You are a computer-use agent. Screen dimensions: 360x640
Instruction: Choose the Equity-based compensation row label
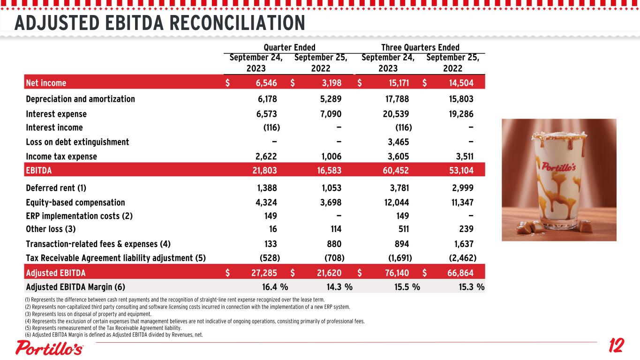coord(75,202)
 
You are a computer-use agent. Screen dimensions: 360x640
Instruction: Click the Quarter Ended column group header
coord(289,47)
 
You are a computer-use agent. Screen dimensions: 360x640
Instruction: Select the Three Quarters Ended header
coord(420,47)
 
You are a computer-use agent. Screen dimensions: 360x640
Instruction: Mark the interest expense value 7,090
coord(329,114)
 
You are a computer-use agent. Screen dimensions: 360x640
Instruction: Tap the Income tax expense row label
coord(61,157)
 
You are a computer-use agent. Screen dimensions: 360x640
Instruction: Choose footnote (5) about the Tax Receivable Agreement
coord(103,328)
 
